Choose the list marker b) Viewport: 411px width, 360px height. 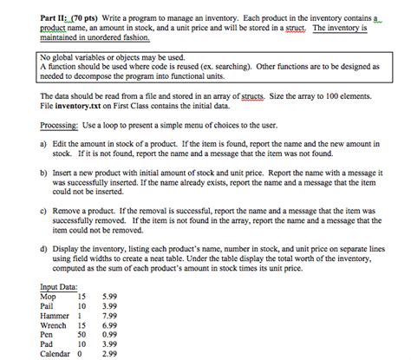pos(43,176)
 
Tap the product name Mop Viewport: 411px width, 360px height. pos(48,297)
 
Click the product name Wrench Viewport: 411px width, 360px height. pos(53,324)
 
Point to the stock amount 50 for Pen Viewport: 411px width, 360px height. pos(83,334)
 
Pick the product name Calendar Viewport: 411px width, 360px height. pos(55,353)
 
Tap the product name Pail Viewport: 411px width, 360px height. pos(48,306)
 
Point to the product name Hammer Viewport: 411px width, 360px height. pos(55,316)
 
